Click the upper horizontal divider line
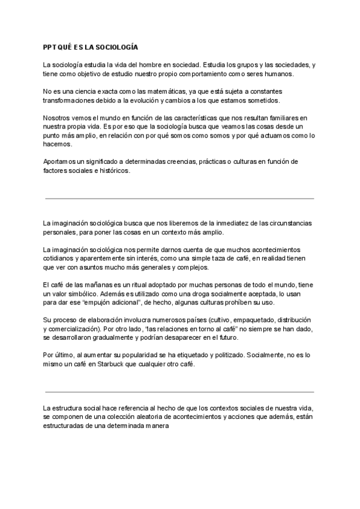click(179, 198)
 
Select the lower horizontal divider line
click(179, 383)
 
